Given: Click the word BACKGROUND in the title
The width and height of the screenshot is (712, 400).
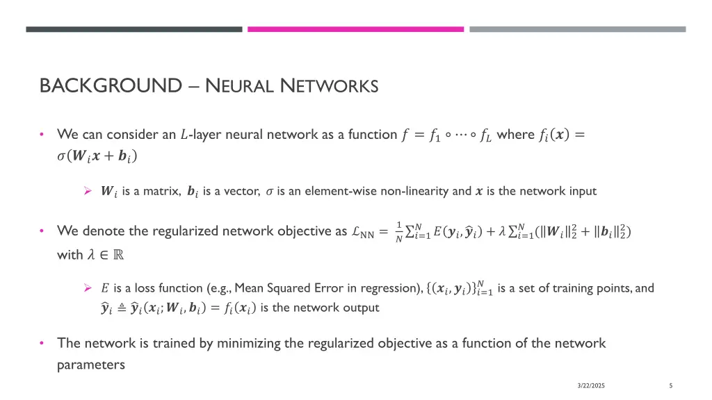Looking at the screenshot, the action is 110,86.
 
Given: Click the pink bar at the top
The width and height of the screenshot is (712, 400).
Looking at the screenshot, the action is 355,29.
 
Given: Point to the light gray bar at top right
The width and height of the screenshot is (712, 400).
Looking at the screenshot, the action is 577,29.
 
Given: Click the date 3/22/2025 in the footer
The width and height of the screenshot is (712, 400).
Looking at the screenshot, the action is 591,385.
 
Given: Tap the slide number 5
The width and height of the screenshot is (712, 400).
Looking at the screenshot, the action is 670,385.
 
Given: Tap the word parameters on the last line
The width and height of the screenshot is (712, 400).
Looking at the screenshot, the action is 90,364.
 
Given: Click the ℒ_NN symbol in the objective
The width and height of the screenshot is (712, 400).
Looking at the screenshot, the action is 362,231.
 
